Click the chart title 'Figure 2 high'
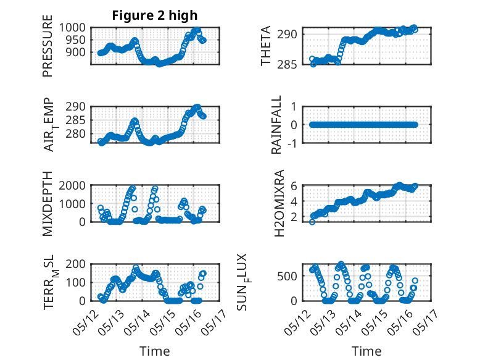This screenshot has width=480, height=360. tap(155, 15)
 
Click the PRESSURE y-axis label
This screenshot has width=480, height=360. tap(48, 50)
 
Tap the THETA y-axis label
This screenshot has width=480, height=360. tap(266, 46)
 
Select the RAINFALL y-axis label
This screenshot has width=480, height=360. tap(277, 125)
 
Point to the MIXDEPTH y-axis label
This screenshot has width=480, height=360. tap(48, 204)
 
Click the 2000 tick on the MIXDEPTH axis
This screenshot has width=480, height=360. tap(75, 185)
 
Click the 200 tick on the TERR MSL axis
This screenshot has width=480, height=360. tap(78, 264)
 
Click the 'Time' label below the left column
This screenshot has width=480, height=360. tap(155, 351)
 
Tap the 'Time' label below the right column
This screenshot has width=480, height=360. tap(366, 351)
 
